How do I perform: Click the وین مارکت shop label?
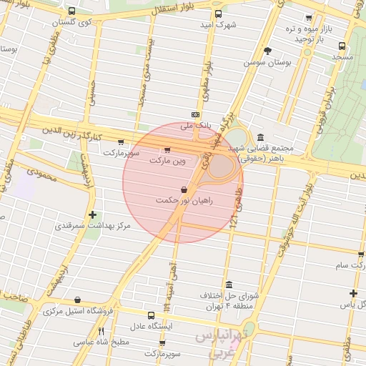pos(167,162)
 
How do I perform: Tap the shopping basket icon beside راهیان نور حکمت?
pos(185,190)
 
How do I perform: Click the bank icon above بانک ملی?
pos(195,114)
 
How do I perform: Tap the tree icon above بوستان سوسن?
pos(267,51)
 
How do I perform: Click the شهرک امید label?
pos(217,26)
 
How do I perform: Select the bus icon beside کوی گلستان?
pos(73,11)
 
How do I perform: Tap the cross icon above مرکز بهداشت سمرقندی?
pos(92,214)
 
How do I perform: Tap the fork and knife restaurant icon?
pos(101,331)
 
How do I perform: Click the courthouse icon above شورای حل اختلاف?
pos(229,285)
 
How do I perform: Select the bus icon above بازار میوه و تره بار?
pos(309,19)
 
